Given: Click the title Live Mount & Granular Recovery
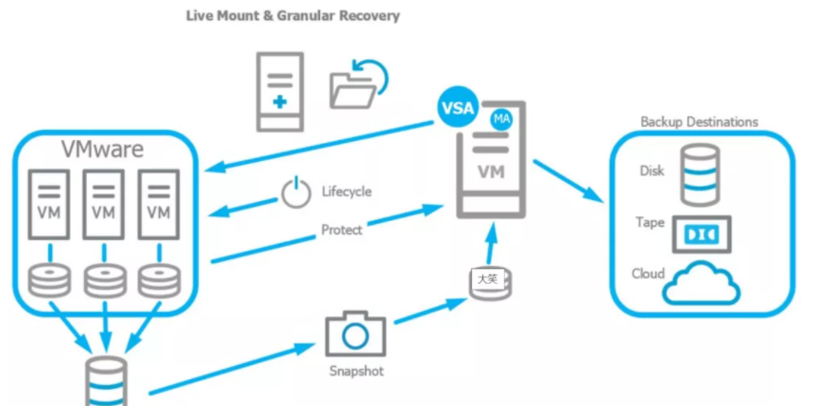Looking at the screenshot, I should [293, 16].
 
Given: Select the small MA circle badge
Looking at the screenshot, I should [500, 119].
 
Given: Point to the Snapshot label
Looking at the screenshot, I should [355, 371].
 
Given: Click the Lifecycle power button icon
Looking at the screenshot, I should [295, 193].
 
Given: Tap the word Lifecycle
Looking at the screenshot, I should [346, 192].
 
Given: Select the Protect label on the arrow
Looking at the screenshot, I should [341, 230].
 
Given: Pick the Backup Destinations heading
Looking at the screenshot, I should [699, 122].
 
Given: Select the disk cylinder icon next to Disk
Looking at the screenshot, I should [701, 173].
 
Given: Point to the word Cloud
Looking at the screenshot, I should [648, 274].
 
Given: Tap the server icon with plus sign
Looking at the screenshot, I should [279, 91].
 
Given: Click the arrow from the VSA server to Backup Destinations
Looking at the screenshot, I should [568, 180].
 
